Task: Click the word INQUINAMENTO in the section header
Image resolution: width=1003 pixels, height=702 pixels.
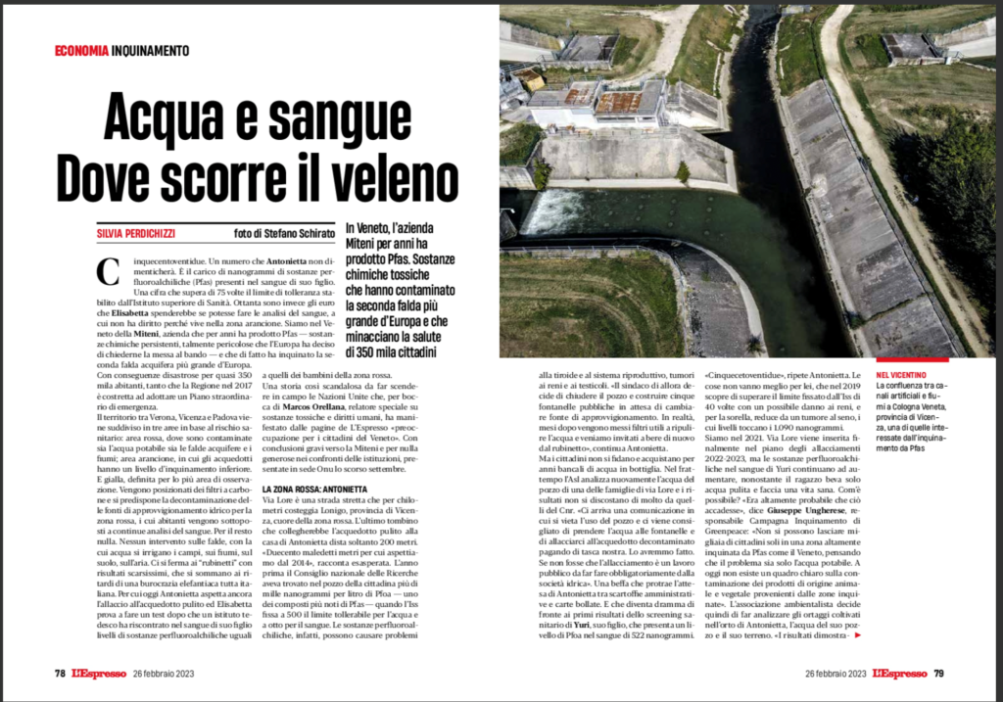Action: [150, 51]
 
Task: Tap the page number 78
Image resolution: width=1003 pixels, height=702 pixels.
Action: [60, 673]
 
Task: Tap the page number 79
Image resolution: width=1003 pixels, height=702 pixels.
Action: [938, 673]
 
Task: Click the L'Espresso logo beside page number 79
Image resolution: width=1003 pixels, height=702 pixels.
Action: [899, 673]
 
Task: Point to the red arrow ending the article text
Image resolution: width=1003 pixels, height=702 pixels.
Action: [859, 635]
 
